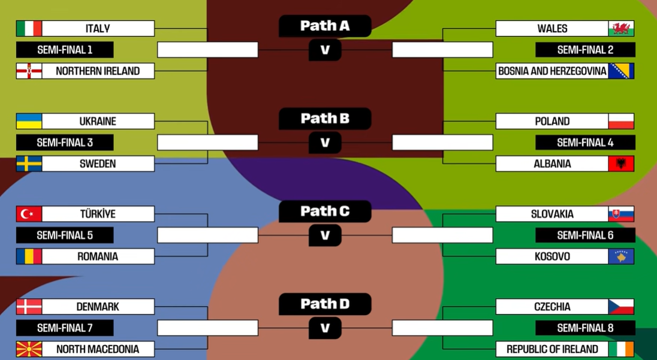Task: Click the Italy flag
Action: (29, 28)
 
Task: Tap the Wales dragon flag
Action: (621, 28)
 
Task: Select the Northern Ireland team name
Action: (98, 71)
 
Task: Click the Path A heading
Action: (325, 26)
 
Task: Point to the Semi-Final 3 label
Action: (65, 143)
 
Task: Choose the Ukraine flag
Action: (29, 121)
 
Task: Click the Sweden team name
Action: (98, 164)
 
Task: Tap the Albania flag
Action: (621, 164)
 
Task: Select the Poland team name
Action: (552, 121)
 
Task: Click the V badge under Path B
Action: (325, 143)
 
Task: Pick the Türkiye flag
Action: (29, 214)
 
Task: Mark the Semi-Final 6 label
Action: (585, 235)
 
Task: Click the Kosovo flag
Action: (621, 256)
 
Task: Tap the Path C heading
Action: (325, 211)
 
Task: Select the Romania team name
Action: (98, 256)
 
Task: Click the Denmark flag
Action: (29, 307)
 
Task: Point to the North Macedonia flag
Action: (29, 349)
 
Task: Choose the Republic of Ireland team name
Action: (552, 349)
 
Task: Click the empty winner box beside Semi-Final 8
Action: (442, 328)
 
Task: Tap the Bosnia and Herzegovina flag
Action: (621, 71)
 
